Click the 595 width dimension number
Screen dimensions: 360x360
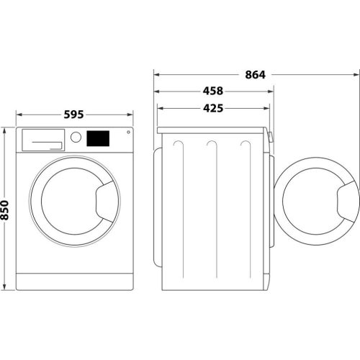74,114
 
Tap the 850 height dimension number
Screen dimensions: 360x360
6,209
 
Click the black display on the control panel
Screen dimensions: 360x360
99,137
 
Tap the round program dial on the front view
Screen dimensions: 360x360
76,137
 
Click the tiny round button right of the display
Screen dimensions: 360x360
128,132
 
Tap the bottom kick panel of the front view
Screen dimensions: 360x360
74,282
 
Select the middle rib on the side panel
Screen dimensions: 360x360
212,209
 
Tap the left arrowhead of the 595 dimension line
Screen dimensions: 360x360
19,114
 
